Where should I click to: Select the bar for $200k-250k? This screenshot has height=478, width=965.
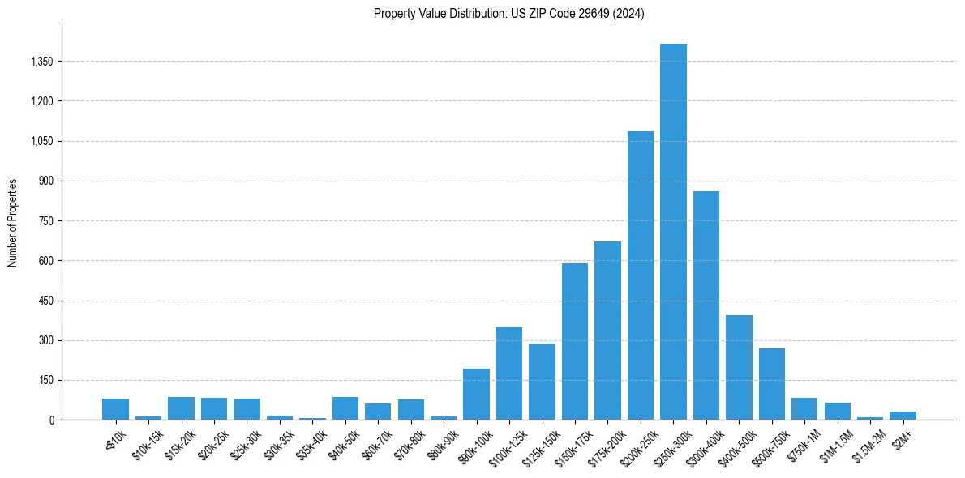point(641,275)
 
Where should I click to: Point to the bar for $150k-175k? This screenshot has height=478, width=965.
point(575,341)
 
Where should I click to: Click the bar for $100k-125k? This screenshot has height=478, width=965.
point(509,373)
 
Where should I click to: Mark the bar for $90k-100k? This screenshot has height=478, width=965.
point(476,394)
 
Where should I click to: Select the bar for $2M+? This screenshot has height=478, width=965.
point(903,416)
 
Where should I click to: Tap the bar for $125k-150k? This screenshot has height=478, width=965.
point(542,382)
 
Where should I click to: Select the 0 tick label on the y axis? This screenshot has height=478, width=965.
point(51,420)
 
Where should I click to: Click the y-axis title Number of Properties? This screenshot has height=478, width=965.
point(13,222)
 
